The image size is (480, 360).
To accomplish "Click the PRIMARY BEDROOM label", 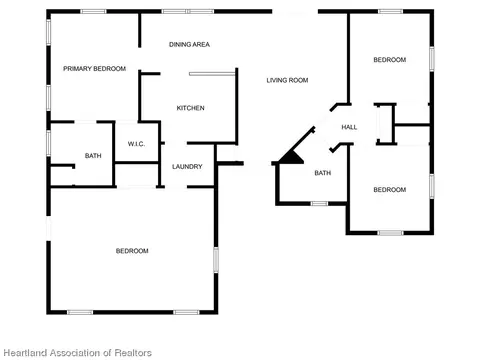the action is coord(94,69).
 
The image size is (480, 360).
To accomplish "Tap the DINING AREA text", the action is coord(189,44).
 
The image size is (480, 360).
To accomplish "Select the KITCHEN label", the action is coord(190,108).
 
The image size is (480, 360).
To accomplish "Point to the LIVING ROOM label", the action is coord(287,80).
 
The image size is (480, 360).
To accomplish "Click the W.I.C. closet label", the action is coord(136,144).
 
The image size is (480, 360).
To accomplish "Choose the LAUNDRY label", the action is coord(187,167).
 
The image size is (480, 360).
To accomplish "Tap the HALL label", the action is coord(349,127).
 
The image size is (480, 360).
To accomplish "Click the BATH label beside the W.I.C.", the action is coord(93,156).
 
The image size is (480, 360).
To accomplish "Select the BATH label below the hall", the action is coord(323,173).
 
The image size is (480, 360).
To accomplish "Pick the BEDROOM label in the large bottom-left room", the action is coord(132,251).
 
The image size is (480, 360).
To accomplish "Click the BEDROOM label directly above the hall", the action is coord(390,60).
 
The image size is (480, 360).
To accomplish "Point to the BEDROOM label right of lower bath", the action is coord(390,190).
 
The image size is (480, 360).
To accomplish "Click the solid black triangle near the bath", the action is coord(292,159).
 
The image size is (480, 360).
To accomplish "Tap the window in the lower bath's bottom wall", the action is coord(319,204).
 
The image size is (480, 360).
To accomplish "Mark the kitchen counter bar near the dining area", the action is coord(212,74).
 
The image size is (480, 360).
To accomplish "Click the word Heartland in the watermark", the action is coord(25,353).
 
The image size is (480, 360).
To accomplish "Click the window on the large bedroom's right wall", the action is coord(216,260).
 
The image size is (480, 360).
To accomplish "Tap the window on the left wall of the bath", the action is coord(49,143).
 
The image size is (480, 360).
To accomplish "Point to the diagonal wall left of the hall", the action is coord(297,144).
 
